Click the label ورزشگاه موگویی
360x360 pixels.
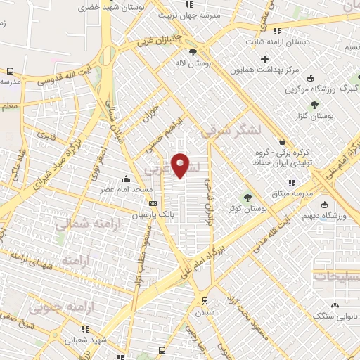click(x=314, y=90)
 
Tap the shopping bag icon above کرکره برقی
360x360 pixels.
click(x=282, y=142)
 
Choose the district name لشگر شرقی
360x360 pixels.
click(x=231, y=129)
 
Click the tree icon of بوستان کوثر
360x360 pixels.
click(x=247, y=198)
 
